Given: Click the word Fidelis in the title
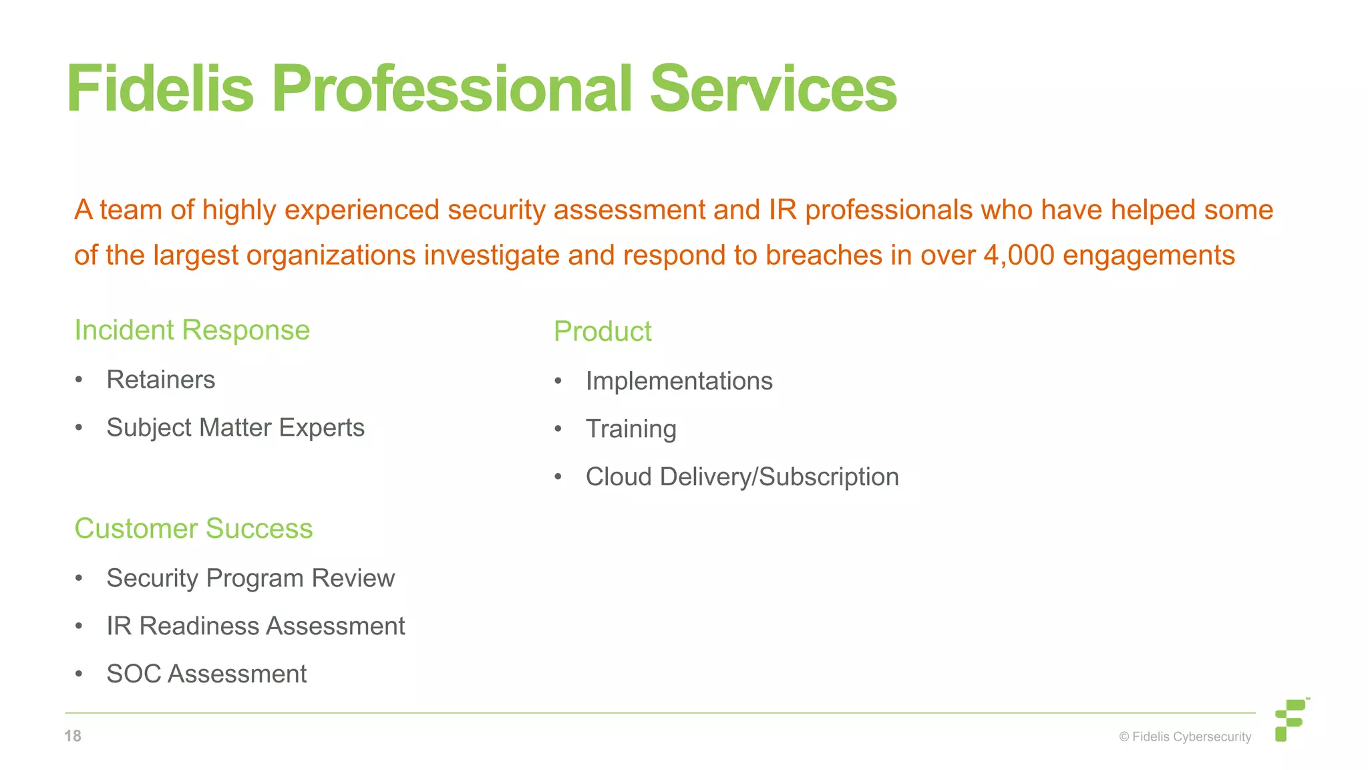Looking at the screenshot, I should tap(160, 89).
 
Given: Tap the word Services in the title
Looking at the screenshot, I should tap(773, 89).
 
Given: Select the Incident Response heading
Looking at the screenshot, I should tap(192, 330).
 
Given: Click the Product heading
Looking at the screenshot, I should tap(603, 332).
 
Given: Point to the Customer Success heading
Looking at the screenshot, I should tap(194, 529).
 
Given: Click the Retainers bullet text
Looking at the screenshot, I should tap(161, 380).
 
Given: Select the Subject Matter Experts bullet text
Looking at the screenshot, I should tap(236, 428).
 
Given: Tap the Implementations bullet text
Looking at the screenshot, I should tap(679, 381).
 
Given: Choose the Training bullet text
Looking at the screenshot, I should tap(631, 429).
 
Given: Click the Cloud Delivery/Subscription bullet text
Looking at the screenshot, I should tap(742, 477).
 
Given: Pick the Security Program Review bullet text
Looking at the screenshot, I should tap(250, 578).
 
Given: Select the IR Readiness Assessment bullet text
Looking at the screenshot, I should tap(256, 626).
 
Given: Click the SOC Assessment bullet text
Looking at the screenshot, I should tap(206, 674).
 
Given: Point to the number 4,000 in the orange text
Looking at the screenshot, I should tap(1019, 255).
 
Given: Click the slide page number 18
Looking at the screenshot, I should tap(73, 736).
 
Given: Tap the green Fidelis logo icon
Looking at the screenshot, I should tap(1291, 720).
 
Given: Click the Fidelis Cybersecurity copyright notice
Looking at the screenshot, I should tap(1185, 737).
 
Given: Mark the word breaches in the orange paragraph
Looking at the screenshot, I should tap(824, 255).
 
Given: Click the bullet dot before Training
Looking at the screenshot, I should tap(558, 429).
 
